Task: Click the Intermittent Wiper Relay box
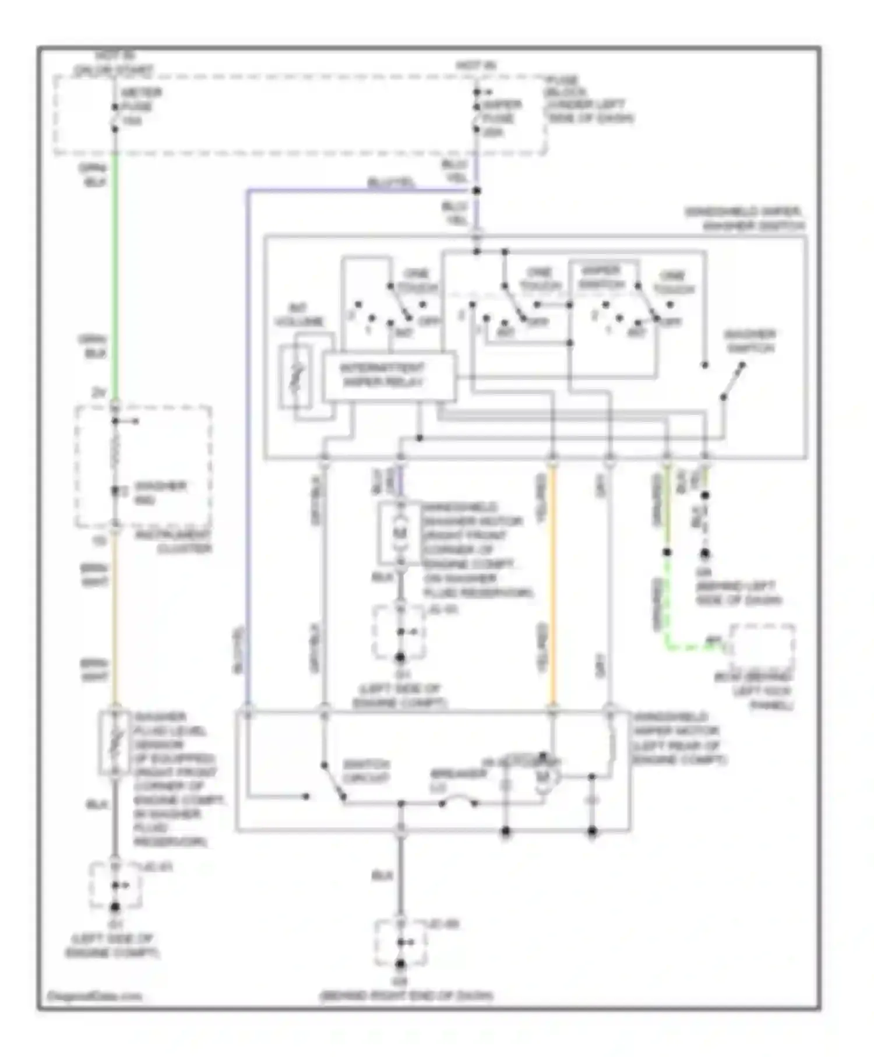point(389,376)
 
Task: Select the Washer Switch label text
point(749,341)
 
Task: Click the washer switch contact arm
point(732,381)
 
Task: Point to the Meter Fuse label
point(140,107)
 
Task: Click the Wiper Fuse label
point(501,118)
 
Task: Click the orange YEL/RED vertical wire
point(552,583)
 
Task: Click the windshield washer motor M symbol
point(400,533)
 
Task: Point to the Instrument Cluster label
point(184,542)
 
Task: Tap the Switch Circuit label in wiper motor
point(365,771)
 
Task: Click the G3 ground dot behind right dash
point(400,964)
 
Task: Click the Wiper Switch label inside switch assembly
point(601,277)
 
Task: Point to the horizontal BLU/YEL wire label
point(391,183)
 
